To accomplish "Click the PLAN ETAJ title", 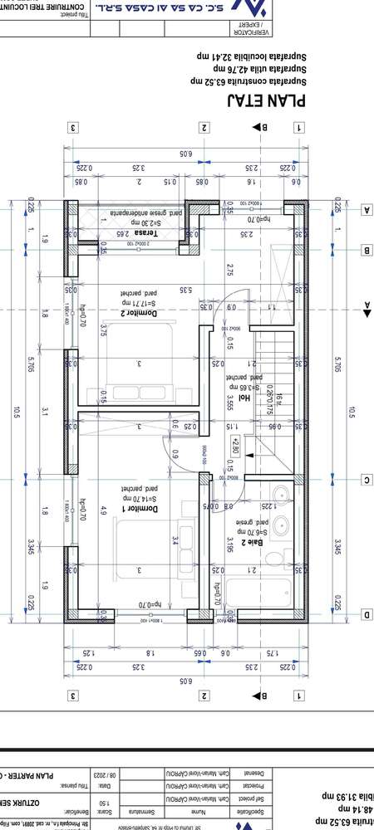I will (267, 101).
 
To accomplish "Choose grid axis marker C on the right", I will (366, 480).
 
